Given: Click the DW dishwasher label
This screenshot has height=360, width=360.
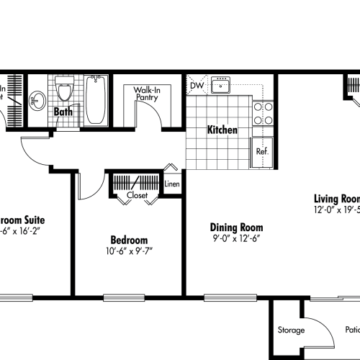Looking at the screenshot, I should pos(196,86).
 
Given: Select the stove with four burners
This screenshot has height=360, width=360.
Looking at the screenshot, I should pos(264,113).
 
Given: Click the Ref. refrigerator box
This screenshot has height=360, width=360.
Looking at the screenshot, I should pos(262,152).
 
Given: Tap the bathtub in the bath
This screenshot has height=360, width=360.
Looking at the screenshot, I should pos(96,102).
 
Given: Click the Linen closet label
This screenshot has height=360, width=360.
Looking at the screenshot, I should pos(171,184).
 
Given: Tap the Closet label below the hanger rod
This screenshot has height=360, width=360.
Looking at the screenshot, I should pos(137,195).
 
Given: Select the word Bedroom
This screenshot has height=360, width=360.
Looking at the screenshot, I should pos(129,240).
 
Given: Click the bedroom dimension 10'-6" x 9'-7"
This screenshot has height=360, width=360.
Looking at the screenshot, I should pos(129,251).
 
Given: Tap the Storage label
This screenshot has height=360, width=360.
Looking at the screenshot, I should pos(291,330).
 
